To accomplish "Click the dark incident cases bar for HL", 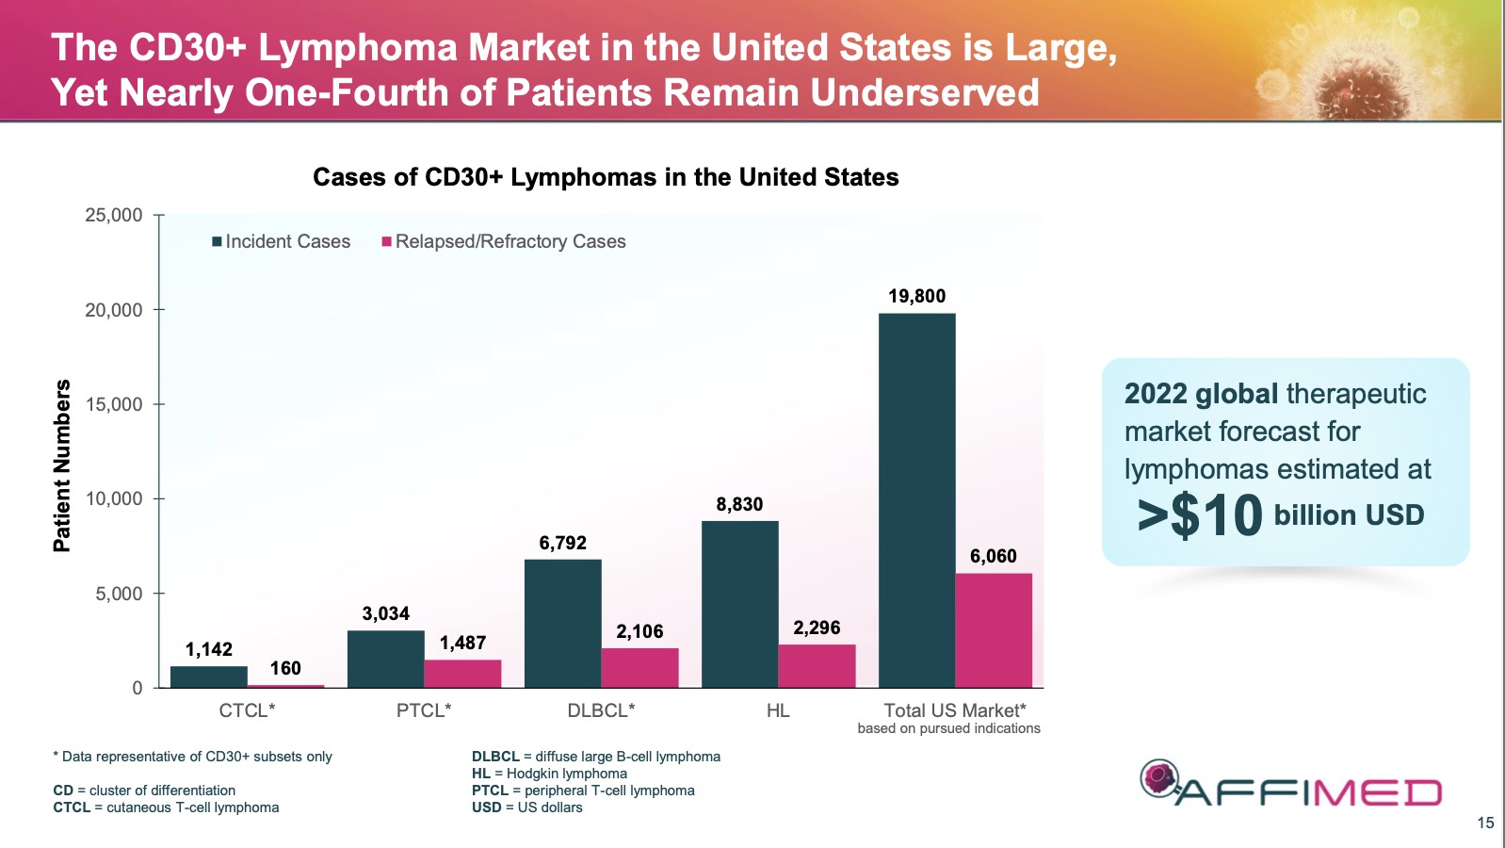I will pos(739,604).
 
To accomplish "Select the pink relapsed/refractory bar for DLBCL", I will pos(639,668).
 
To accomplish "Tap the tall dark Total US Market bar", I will pos(916,500).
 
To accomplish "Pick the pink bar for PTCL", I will pos(462,674).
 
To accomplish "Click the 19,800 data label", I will pos(916,296).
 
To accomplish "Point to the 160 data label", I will pos(285,668).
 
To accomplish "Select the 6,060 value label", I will pos(993,556).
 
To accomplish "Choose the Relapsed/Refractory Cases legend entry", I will pos(503,241).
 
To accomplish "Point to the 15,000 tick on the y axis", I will pos(114,404).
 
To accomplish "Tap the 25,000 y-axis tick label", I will pos(114,215).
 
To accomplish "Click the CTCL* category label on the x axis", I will pos(247,710).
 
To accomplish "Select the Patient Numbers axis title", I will pos(62,465).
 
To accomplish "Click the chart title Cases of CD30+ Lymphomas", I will pos(606,177).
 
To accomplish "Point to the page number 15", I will pos(1485,823).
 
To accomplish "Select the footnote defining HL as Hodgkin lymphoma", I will pos(549,774).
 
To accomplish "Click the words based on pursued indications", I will pos(948,728).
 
